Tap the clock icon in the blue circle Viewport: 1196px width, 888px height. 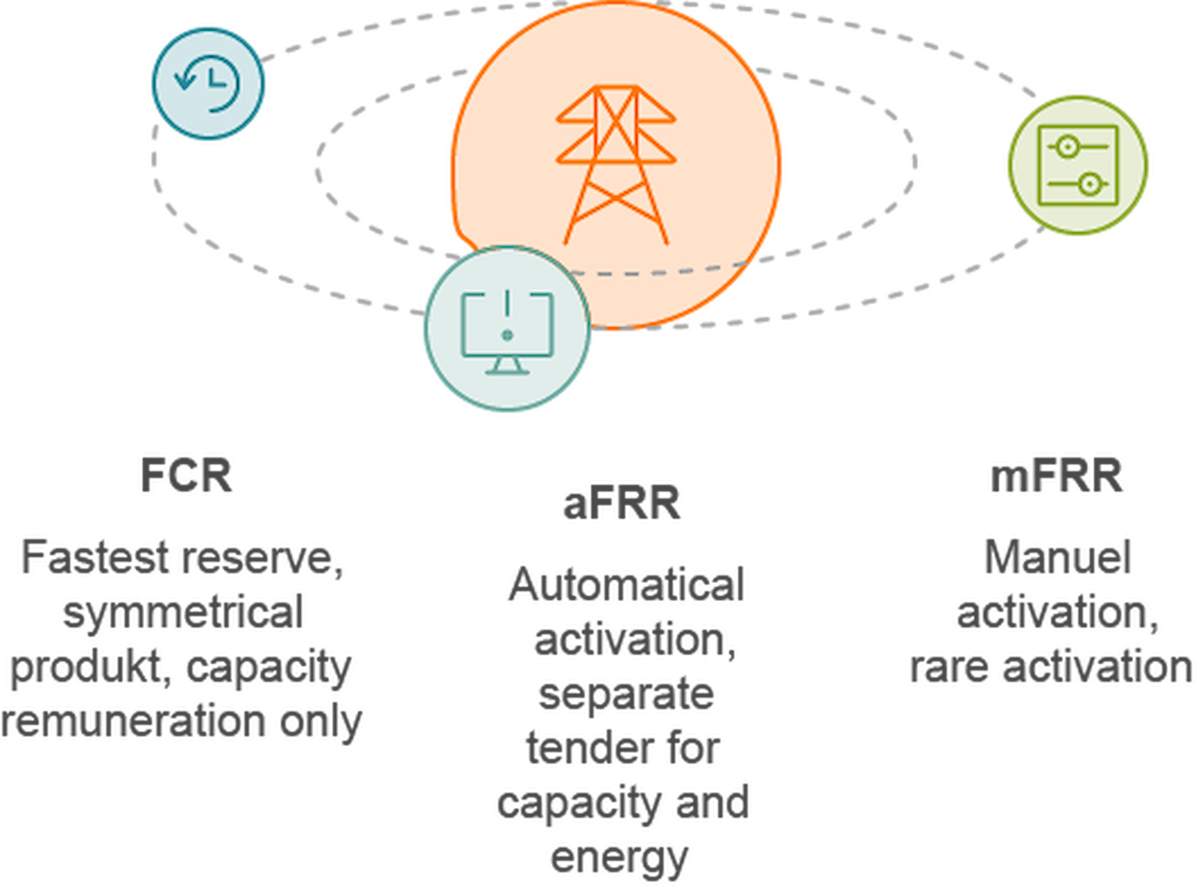point(208,83)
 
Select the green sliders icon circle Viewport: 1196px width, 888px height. point(1077,165)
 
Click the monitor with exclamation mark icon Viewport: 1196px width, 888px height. point(506,331)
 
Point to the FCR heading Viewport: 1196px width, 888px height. point(188,475)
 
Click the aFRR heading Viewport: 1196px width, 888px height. point(622,504)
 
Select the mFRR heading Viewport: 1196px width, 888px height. point(1056,477)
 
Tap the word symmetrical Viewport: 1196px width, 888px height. point(183,613)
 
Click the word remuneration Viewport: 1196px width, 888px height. point(134,722)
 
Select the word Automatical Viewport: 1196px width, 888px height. point(626,585)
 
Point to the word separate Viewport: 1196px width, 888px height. point(626,694)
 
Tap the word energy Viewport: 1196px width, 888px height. point(620,857)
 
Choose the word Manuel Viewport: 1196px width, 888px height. point(1057,557)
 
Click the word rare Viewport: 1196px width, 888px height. point(948,668)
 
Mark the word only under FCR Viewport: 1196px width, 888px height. point(322,722)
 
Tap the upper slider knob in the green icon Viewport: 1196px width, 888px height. point(1066,145)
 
